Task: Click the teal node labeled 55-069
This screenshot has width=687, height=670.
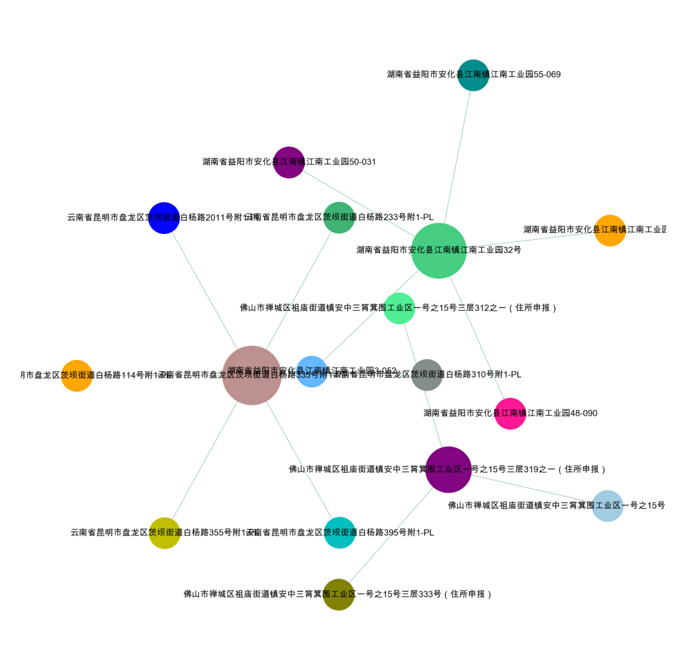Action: point(473,75)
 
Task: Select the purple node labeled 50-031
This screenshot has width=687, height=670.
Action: point(289,162)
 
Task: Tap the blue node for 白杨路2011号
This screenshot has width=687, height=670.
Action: point(164,218)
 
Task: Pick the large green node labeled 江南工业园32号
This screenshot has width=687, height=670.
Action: point(439,250)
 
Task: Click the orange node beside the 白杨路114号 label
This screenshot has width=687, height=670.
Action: point(76,376)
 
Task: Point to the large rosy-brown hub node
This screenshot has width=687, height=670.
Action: point(252,376)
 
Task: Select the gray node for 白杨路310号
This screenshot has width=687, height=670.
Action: point(427,375)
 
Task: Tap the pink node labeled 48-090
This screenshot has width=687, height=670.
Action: point(510,414)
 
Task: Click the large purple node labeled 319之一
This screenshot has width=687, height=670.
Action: point(448,470)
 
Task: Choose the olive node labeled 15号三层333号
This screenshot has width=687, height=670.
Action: point(338,594)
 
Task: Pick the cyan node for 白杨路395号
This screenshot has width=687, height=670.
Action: point(340,533)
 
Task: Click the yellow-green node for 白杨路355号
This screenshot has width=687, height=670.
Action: point(164,533)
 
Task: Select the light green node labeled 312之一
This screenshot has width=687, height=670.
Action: point(399,308)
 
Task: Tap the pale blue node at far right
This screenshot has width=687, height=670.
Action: point(607,506)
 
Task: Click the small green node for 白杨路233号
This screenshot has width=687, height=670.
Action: point(339,217)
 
